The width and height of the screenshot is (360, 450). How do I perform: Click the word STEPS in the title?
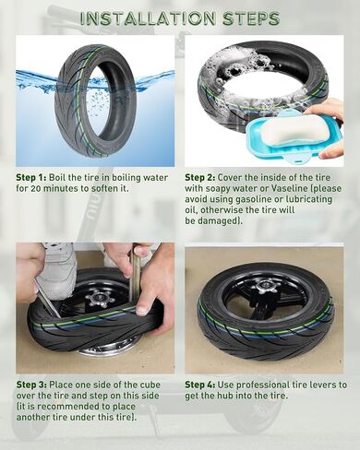[x=251, y=18]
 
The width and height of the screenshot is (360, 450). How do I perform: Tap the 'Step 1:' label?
[x=31, y=178]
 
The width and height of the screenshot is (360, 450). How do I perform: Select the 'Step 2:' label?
[x=200, y=178]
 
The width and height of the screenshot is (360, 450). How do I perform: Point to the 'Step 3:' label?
[x=31, y=385]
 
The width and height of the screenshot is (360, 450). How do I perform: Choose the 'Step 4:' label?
[x=200, y=385]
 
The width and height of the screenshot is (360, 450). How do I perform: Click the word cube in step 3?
[x=149, y=385]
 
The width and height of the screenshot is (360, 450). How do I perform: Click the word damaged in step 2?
[x=218, y=221]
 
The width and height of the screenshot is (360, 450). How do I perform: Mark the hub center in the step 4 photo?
[x=264, y=287]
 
